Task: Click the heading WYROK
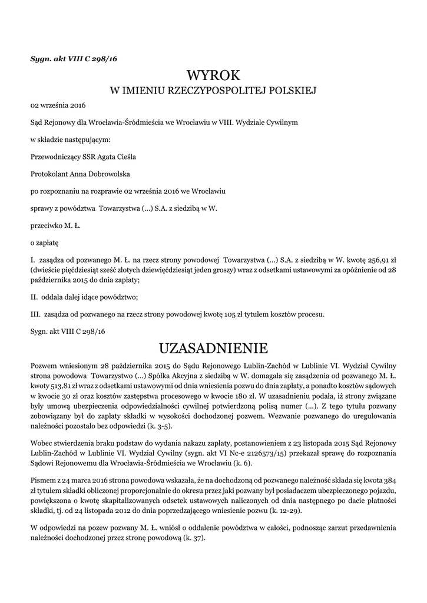pyautogui.click(x=213, y=75)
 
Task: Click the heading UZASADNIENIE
pyautogui.click(x=213, y=348)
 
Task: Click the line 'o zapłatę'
pyautogui.click(x=44, y=243)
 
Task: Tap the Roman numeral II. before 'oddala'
pyautogui.click(x=34, y=297)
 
